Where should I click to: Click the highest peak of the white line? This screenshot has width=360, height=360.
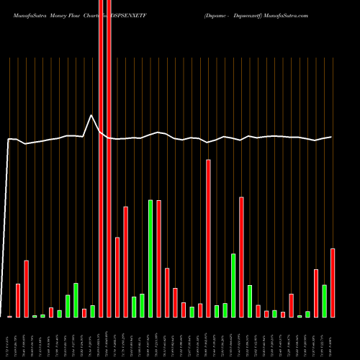pyautogui.click(x=91, y=115)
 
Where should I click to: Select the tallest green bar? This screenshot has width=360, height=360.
pyautogui.click(x=150, y=258)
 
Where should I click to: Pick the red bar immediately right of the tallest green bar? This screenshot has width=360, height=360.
pyautogui.click(x=158, y=258)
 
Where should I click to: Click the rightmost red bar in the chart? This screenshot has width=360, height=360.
pyautogui.click(x=333, y=282)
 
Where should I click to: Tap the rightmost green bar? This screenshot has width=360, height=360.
pyautogui.click(x=324, y=300)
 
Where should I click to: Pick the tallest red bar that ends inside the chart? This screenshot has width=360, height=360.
pyautogui.click(x=208, y=238)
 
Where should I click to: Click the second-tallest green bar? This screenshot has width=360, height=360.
pyautogui.click(x=233, y=285)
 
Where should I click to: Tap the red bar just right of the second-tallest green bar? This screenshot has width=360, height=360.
pyautogui.click(x=241, y=256)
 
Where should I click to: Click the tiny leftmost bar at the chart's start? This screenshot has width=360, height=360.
pyautogui.click(x=9, y=316)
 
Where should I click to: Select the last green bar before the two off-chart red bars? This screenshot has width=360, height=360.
pyautogui.click(x=92, y=311)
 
